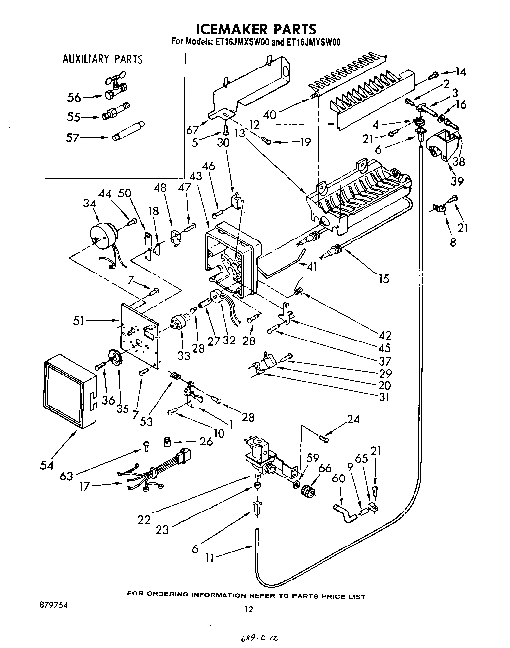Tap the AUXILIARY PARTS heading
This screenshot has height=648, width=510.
coord(102,59)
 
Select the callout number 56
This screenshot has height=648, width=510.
coord(74,98)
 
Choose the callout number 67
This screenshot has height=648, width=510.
coord(193,130)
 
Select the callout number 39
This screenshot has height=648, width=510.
coord(457,181)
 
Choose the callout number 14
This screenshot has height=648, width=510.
coord(460,72)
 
